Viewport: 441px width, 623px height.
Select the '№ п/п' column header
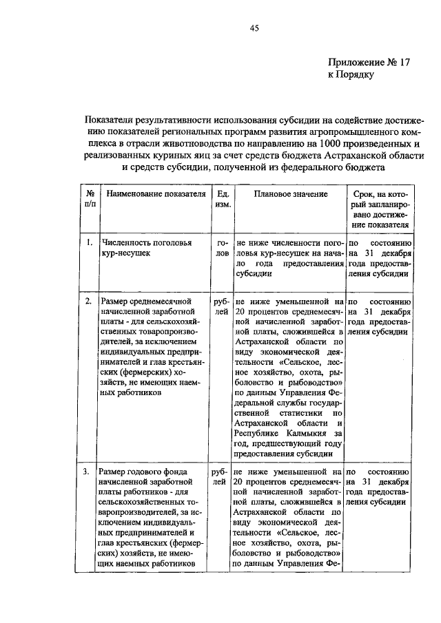(90, 200)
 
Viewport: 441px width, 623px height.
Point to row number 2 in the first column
(88, 301)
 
